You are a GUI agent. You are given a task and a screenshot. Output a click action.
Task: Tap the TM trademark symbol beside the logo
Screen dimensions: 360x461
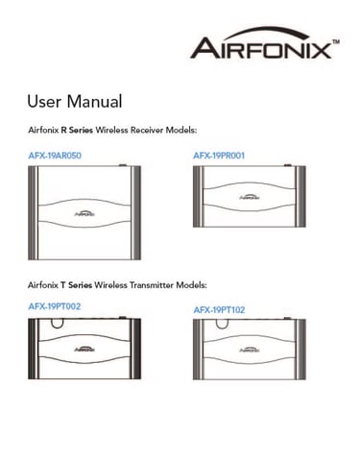point(336,41)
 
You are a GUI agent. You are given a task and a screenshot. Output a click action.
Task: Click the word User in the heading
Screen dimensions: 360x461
point(44,101)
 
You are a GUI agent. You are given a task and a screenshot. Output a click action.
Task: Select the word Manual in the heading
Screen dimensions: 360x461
point(94,101)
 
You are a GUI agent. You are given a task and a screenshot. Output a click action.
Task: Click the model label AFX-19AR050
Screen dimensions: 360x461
point(55,156)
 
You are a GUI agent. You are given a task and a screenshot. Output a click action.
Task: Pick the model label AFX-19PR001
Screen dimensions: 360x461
point(219,156)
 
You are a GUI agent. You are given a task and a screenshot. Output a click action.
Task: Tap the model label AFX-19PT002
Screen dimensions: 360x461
point(55,306)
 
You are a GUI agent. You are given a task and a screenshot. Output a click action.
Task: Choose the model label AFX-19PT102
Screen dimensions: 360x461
point(219,310)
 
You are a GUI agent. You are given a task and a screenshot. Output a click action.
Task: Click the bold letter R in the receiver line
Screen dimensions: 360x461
point(63,130)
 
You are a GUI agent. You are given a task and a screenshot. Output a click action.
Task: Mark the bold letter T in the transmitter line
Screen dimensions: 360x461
point(63,285)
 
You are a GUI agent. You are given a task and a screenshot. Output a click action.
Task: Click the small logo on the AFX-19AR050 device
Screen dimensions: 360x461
point(84,213)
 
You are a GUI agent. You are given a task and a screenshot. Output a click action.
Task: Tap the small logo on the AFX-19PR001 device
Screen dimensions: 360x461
point(250,197)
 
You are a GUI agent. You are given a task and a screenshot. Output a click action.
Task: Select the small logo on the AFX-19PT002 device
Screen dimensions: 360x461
point(84,349)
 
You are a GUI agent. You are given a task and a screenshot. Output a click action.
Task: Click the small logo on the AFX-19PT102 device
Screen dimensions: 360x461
point(250,350)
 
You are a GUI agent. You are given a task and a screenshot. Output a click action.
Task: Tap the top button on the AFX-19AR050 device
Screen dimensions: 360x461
point(123,165)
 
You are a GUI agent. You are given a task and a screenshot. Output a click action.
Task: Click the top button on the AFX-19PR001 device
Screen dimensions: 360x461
point(288,165)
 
